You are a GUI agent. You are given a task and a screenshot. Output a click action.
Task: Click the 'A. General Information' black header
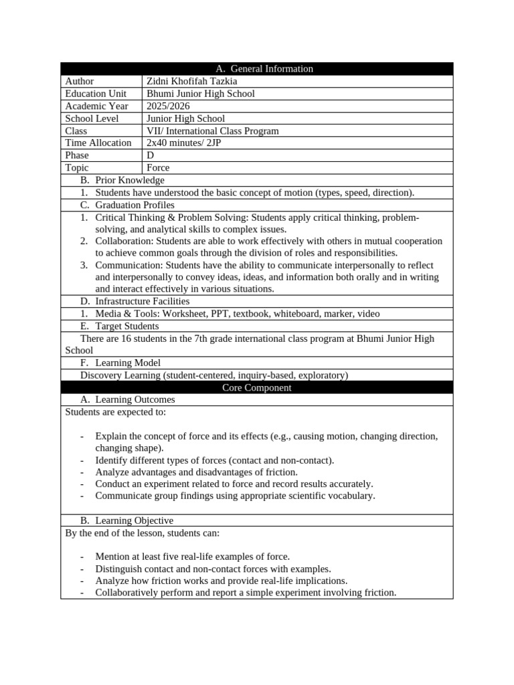(x=257, y=68)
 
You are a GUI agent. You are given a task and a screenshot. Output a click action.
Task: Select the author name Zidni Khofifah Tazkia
(x=191, y=81)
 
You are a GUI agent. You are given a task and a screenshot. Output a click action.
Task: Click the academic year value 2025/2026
(x=169, y=106)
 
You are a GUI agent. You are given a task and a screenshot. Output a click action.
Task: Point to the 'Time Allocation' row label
(x=98, y=142)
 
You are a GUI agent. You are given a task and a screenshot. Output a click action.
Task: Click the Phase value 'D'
(x=150, y=155)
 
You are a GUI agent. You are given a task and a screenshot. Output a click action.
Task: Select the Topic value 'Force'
(x=158, y=168)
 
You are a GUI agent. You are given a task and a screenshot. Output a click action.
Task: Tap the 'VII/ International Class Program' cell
(x=212, y=130)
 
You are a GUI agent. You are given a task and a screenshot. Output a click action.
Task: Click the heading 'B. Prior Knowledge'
(x=122, y=180)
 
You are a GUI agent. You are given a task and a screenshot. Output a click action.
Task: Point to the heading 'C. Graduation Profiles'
(x=127, y=205)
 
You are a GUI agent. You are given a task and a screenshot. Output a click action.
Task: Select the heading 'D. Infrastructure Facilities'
(x=139, y=302)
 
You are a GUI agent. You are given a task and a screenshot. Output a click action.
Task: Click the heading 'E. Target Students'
(x=119, y=326)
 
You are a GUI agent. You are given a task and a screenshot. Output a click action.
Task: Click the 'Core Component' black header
(x=257, y=387)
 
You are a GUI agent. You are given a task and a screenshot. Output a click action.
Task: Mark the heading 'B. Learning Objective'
(x=126, y=520)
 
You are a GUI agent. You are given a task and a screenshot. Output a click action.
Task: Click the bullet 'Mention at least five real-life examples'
(x=192, y=557)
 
